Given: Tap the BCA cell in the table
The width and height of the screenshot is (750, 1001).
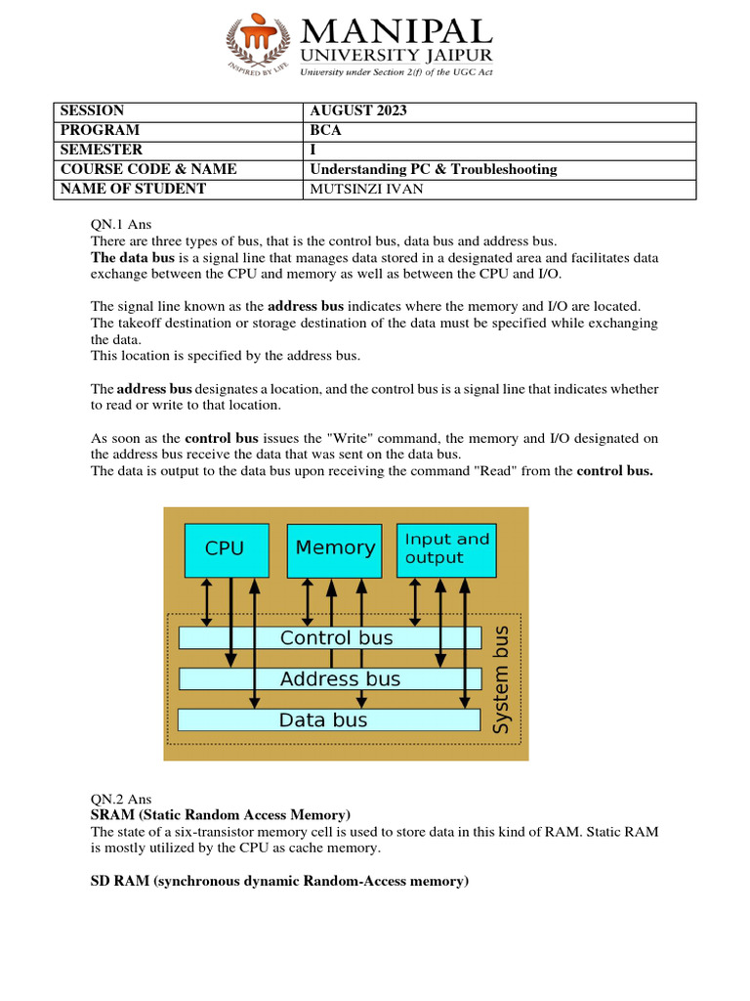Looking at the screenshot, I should pos(323,130).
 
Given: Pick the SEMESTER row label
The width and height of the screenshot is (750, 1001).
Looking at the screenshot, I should pos(102,150).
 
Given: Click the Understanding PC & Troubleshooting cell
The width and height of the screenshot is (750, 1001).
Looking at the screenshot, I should pos(433,169).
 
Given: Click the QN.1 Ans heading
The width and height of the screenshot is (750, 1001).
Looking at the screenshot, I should pos(120,224).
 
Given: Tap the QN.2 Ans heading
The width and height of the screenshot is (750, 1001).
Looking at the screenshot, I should pos(120,799).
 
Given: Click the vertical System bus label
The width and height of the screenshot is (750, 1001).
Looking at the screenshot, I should pos(501,679).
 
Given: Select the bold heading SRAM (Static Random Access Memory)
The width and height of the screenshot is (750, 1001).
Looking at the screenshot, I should pos(220,814).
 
